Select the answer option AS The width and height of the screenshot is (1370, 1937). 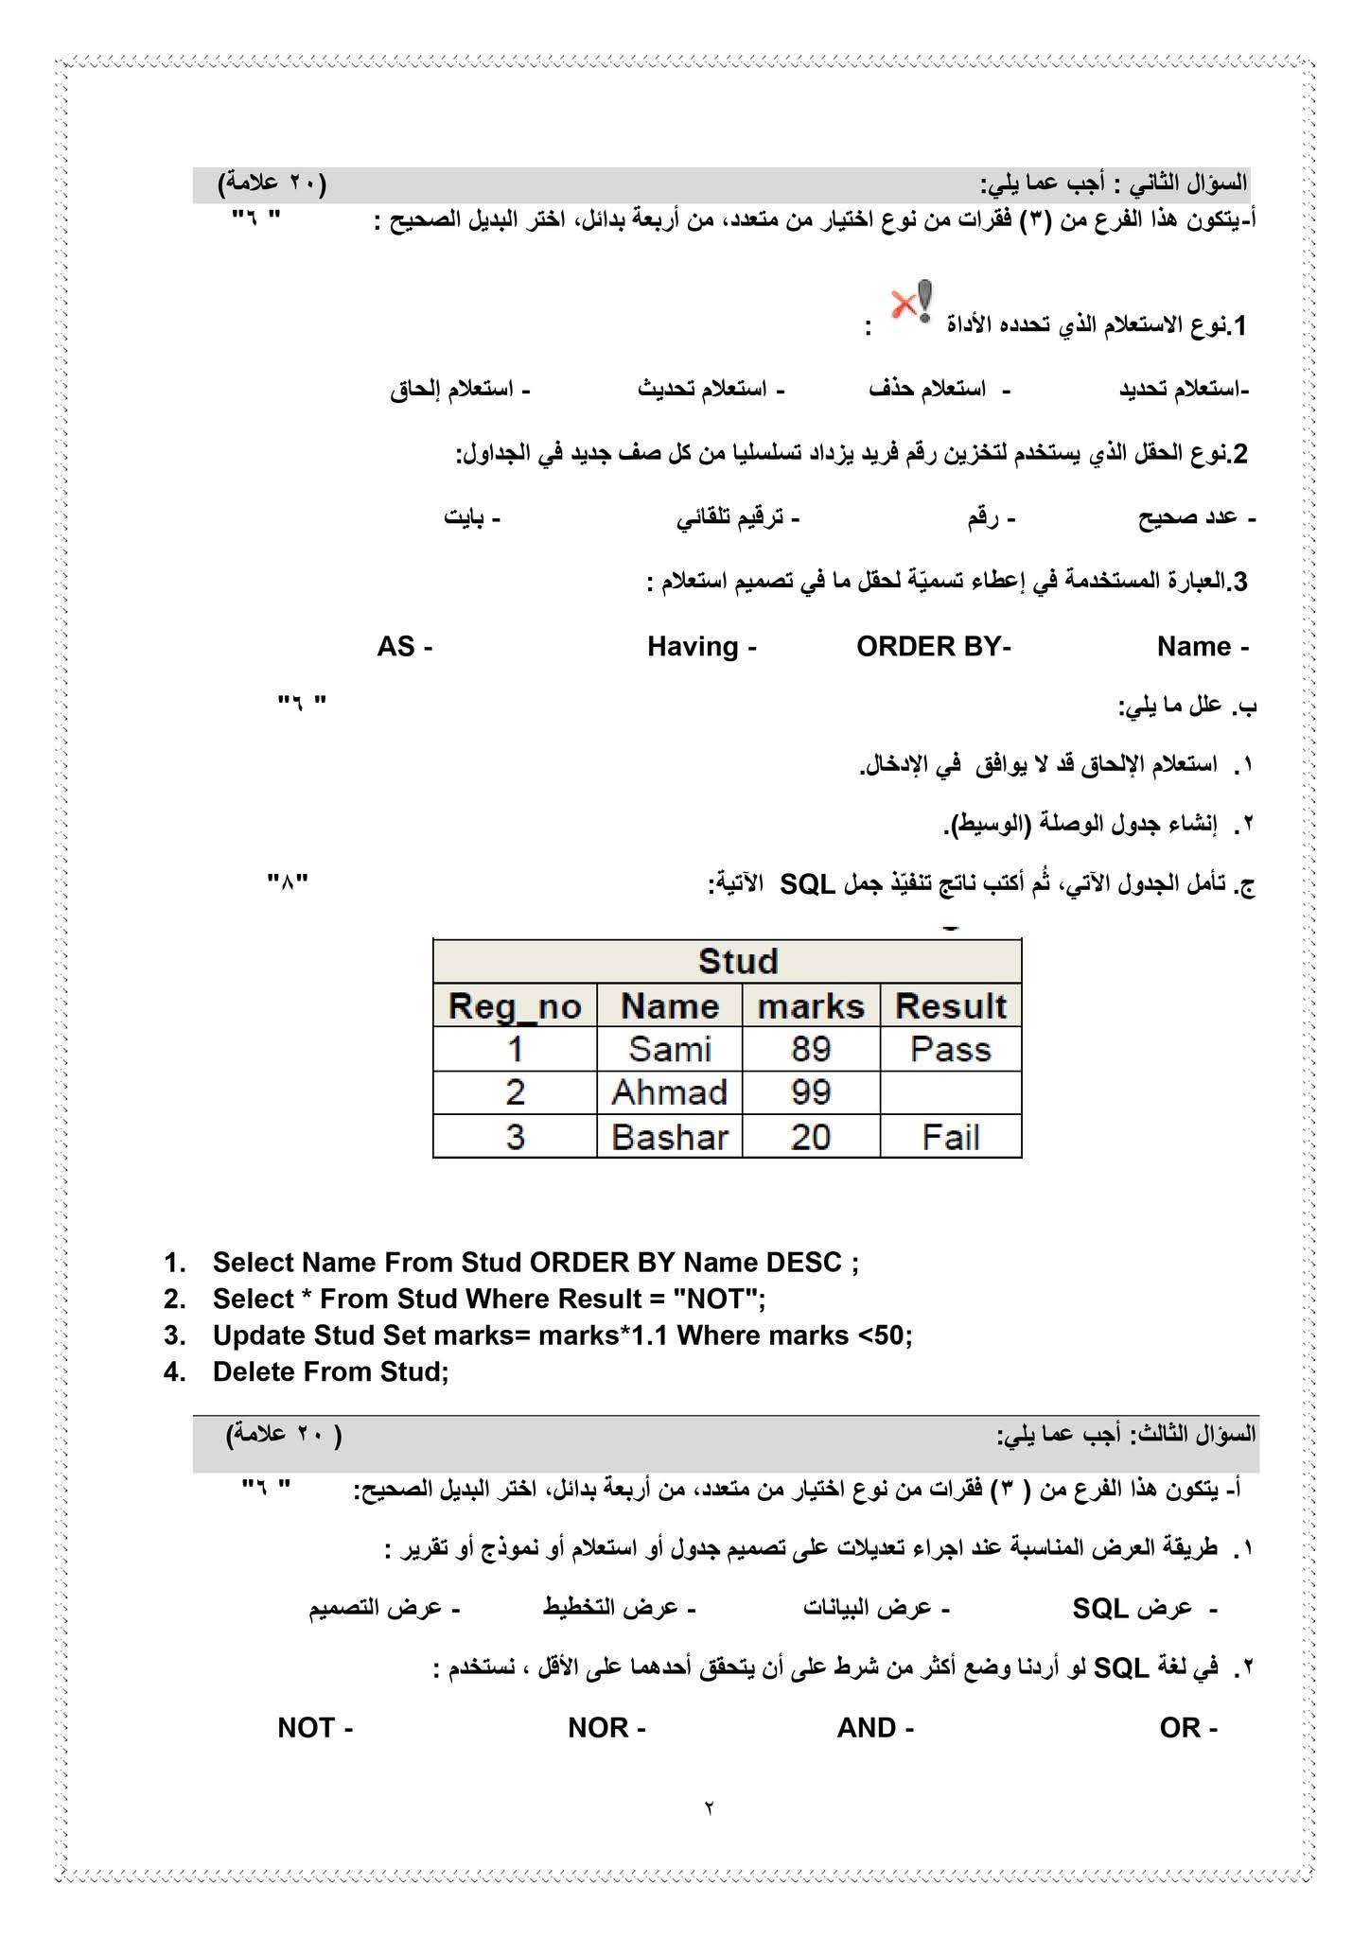click(397, 647)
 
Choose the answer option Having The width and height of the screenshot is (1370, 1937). click(694, 647)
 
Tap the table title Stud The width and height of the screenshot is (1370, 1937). click(738, 961)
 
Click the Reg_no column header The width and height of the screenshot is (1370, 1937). click(515, 1005)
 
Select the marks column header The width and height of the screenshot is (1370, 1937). click(811, 1005)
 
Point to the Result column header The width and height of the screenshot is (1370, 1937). click(951, 1005)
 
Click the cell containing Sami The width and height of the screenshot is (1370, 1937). click(670, 1049)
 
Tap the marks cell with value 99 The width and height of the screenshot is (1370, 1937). click(811, 1092)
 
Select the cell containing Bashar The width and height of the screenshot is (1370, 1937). click(670, 1136)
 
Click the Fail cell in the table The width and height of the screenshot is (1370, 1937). click(951, 1136)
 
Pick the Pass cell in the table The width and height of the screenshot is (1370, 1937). click(951, 1049)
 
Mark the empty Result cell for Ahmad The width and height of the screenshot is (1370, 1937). click(951, 1092)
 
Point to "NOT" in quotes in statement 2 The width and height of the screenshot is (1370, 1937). click(715, 1299)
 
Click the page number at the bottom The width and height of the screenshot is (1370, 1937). click(709, 1807)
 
